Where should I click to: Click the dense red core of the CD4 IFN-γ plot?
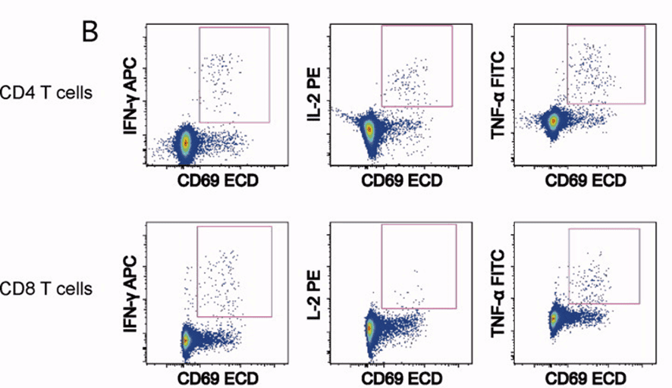pyautogui.click(x=186, y=141)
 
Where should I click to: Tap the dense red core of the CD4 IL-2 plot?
pyautogui.click(x=369, y=129)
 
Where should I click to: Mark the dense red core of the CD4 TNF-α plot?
pyautogui.click(x=554, y=120)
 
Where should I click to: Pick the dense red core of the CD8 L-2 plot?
pyautogui.click(x=369, y=329)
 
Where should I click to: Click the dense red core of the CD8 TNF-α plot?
pyautogui.click(x=554, y=319)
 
